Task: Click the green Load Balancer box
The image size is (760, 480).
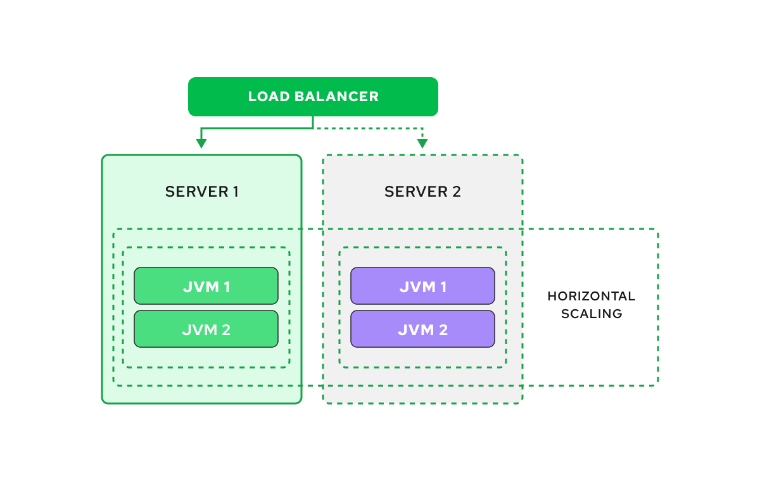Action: pos(313,97)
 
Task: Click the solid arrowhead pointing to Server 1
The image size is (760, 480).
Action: pos(201,144)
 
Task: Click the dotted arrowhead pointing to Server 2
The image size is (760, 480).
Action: pos(422,144)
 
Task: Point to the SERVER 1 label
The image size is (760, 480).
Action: pos(201,192)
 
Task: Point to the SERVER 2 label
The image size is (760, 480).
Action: pos(422,192)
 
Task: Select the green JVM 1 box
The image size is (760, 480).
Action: pos(206,286)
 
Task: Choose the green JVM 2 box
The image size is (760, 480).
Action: pos(206,329)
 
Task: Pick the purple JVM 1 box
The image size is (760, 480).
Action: pos(422,286)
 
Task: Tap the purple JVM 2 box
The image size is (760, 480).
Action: pos(422,329)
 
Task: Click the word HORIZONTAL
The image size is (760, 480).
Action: pos(591,297)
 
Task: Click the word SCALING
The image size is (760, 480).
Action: pos(591,314)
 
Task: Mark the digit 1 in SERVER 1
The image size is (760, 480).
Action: pos(235,192)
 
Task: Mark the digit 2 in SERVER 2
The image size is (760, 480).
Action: pos(457,192)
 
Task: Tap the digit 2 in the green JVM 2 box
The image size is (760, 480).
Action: pos(225,329)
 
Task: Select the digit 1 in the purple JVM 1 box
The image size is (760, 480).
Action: pos(443,287)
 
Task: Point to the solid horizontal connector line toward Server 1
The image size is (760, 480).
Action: pos(256,128)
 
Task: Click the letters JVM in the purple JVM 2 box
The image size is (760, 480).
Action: pos(413,329)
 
